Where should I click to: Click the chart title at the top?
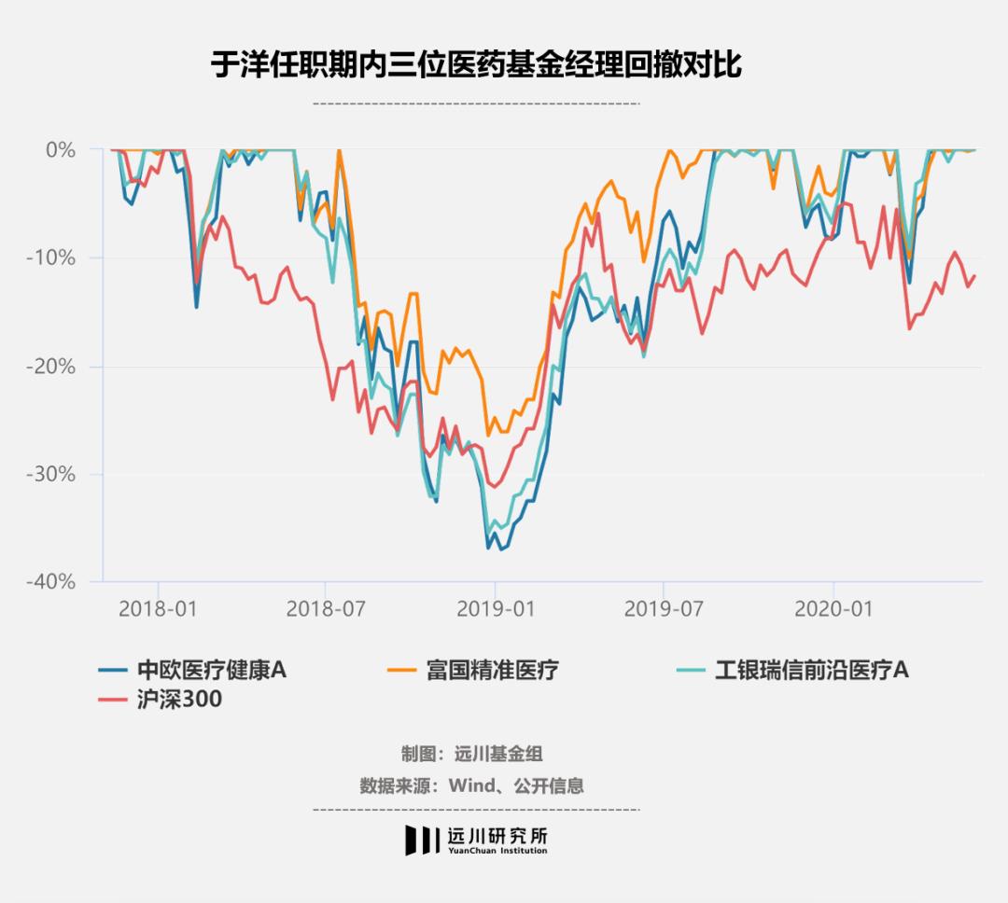tap(477, 66)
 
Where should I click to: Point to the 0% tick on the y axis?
tap(60, 149)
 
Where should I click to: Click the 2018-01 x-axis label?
tap(159, 609)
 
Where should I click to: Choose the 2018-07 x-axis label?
tap(325, 609)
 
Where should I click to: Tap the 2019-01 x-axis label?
tap(496, 609)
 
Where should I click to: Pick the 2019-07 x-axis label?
tap(663, 609)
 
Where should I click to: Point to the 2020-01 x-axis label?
tap(833, 609)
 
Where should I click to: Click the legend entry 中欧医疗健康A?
tap(211, 670)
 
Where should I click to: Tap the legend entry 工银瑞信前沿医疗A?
tap(811, 670)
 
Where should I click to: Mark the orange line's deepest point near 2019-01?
tap(487, 436)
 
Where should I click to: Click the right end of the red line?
tap(975, 275)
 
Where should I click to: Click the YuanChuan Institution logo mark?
tap(421, 840)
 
